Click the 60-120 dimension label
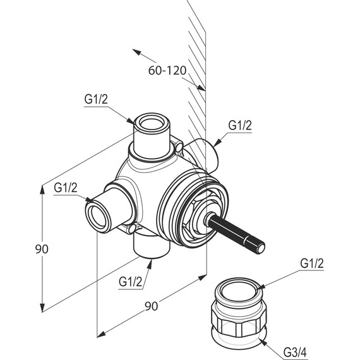167,71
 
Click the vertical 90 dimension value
42,249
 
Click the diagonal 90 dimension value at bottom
152,306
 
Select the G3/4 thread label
295,352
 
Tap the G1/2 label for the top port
96,99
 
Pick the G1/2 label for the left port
66,188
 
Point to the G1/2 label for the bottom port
130,282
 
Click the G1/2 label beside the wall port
240,125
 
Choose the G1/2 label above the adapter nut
312,263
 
